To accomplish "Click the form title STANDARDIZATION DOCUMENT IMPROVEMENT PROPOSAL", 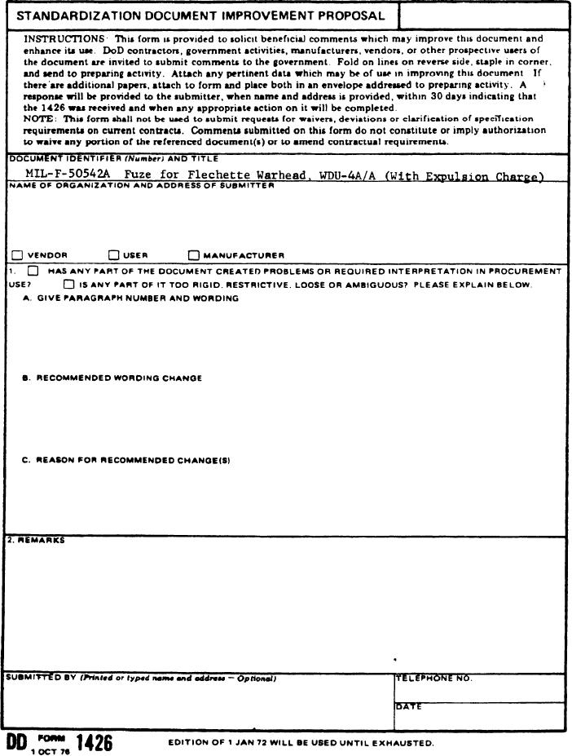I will click(200, 15).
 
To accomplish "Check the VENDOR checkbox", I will click(19, 255).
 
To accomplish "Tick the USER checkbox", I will click(114, 255).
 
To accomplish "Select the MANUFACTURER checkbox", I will click(194, 255).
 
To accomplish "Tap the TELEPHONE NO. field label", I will click(433, 679).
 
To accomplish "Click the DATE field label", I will click(409, 706).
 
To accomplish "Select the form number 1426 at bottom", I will click(94, 743).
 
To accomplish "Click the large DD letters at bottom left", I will click(16, 743).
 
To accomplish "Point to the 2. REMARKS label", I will click(36, 540).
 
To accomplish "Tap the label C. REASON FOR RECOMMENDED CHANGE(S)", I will click(126, 460).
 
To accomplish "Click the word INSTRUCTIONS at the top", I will click(64, 39).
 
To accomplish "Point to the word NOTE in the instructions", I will click(37, 119).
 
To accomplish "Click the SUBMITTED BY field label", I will click(41, 679).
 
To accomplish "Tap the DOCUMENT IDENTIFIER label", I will click(54, 158).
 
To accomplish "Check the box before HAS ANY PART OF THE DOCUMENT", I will click(33, 271).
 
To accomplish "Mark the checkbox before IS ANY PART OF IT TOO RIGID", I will click(68, 285).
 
